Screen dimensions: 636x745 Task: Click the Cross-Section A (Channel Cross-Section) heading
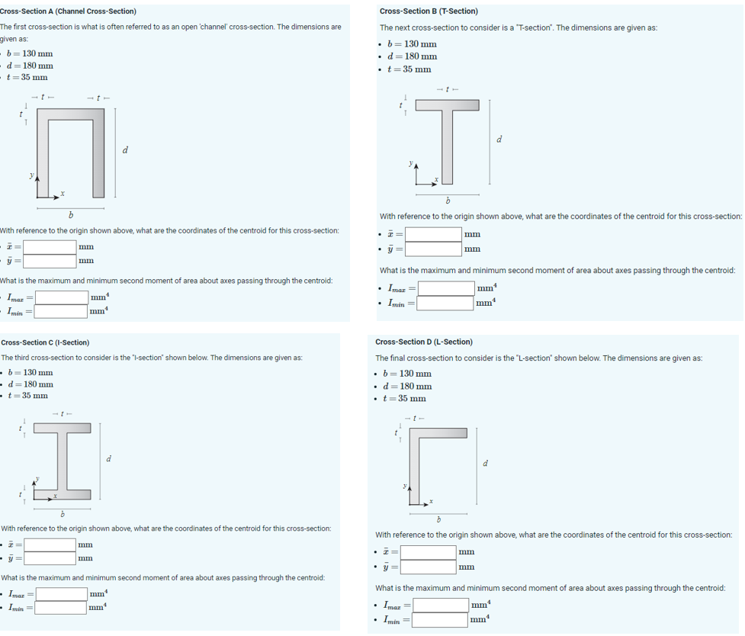pyautogui.click(x=69, y=11)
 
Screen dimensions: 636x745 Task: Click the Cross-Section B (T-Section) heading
pyautogui.click(x=429, y=11)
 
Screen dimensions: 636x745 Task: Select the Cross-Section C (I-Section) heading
pyautogui.click(x=46, y=342)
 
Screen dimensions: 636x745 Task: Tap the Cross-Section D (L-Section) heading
pyautogui.click(x=424, y=342)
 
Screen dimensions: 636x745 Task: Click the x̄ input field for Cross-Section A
pyautogui.click(x=49, y=246)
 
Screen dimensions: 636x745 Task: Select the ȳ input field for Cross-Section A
pyautogui.click(x=49, y=262)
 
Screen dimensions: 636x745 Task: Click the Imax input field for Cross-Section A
pyautogui.click(x=60, y=297)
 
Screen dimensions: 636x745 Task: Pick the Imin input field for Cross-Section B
pyautogui.click(x=445, y=303)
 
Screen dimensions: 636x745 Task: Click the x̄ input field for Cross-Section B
pyautogui.click(x=433, y=234)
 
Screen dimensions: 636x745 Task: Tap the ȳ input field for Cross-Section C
pyautogui.click(x=49, y=558)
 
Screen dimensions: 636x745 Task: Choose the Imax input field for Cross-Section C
pyautogui.click(x=60, y=593)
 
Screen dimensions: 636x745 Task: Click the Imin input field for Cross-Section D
pyautogui.click(x=440, y=619)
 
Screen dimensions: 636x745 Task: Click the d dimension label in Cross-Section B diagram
pyautogui.click(x=499, y=140)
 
